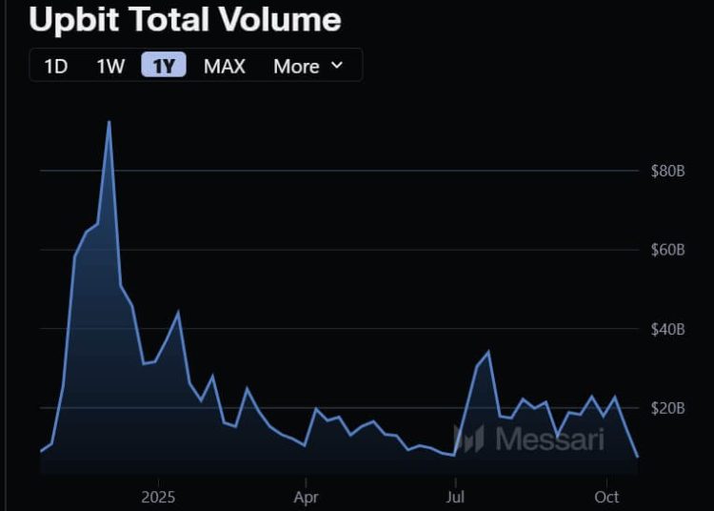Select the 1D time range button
[56, 66]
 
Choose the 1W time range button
[110, 66]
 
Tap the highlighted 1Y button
[164, 66]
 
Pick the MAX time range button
[225, 66]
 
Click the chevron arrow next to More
[336, 66]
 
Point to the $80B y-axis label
[667, 172]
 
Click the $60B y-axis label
[667, 251]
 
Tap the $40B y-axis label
[667, 330]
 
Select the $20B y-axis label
[667, 409]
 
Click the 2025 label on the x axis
[158, 497]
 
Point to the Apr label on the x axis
[306, 497]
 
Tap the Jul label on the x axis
[455, 497]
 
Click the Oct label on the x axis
[606, 497]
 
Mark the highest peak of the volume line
[109, 122]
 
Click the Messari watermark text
[550, 439]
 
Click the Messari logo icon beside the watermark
[469, 439]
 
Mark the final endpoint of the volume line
[637, 457]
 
